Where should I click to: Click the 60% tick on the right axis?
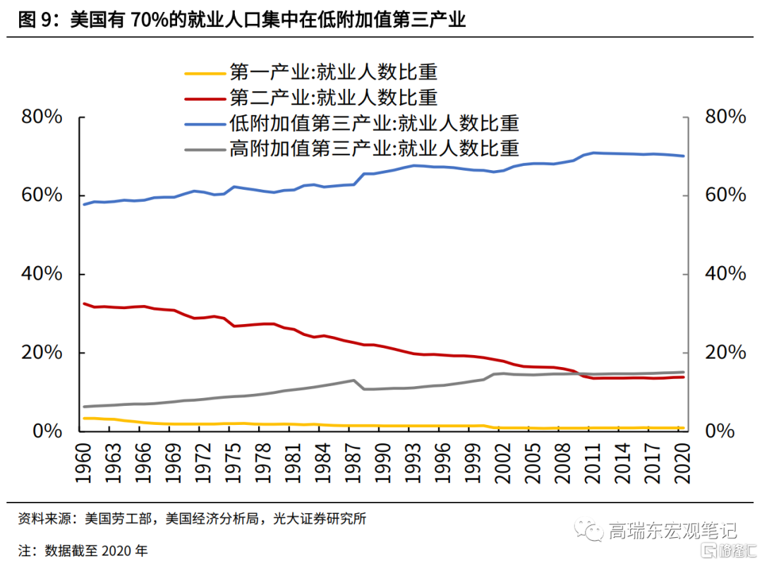pos(725,196)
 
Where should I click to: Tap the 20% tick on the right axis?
pos(725,353)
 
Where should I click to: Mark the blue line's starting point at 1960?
pos(85,205)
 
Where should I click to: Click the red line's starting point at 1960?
pos(85,304)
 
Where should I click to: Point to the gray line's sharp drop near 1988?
pos(358,385)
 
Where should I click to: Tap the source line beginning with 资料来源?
pos(192,520)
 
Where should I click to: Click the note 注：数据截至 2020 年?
pos(83,550)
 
